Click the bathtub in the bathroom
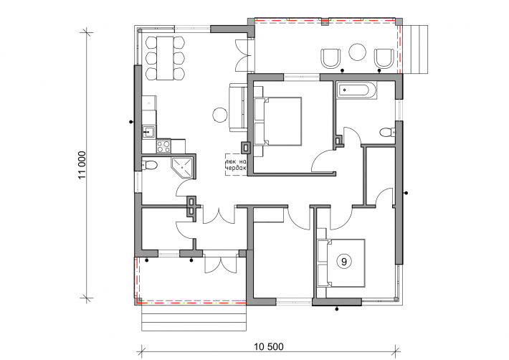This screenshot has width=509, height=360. pos(357,90)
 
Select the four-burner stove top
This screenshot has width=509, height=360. pos(163,146)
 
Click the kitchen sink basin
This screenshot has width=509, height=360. pos(149,132)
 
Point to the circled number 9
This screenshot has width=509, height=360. pos(344,261)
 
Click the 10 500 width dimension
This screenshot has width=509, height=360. pos(268,346)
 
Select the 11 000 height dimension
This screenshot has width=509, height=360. pos(82,165)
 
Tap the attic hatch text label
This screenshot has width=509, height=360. pos(236,164)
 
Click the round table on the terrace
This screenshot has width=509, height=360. pos(358,52)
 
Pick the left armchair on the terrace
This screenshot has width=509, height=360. pos(330,58)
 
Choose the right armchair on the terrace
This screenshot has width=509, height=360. pos(384,58)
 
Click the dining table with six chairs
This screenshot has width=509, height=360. pos(165,58)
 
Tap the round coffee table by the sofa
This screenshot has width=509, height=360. pos(220,115)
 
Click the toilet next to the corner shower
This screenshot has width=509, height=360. pos(150,165)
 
